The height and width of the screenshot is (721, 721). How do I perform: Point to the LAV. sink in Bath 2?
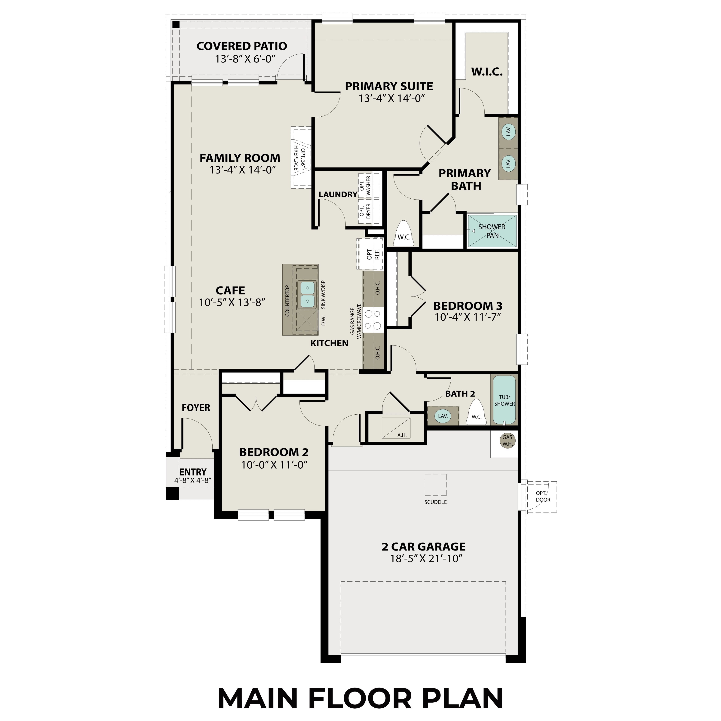[x=443, y=416]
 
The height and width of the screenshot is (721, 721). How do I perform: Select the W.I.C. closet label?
[x=487, y=72]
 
